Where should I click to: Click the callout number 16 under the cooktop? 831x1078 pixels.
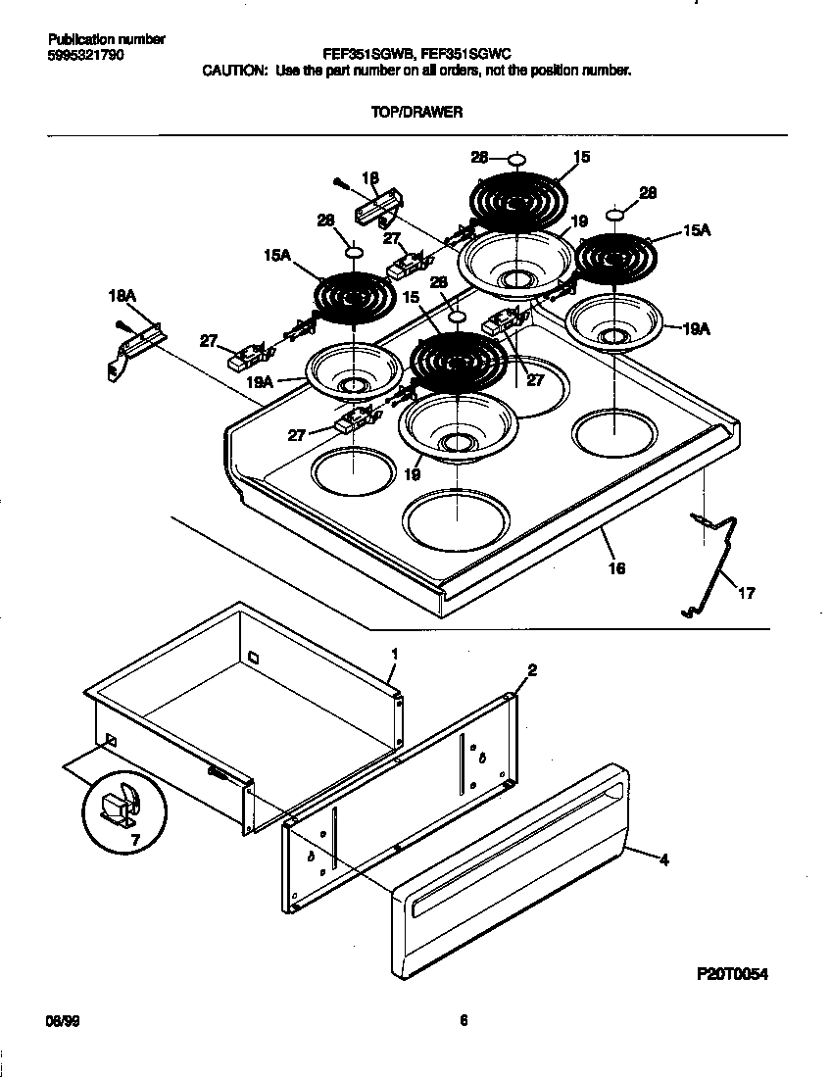(617, 568)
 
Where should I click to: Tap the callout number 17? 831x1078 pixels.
(747, 593)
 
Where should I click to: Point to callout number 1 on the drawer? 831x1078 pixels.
(394, 653)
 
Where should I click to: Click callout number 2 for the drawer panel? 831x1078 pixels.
(532, 670)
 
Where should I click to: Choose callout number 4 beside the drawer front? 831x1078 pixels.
(663, 860)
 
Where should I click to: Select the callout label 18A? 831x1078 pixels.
(122, 293)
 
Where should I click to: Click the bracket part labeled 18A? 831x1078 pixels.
(132, 347)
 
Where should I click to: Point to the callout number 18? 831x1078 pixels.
(369, 178)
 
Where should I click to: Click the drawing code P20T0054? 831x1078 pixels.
(732, 974)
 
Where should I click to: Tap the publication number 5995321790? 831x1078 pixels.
(85, 55)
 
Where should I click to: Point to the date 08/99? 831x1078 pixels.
(62, 1021)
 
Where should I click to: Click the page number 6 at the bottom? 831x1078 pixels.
(463, 1021)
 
